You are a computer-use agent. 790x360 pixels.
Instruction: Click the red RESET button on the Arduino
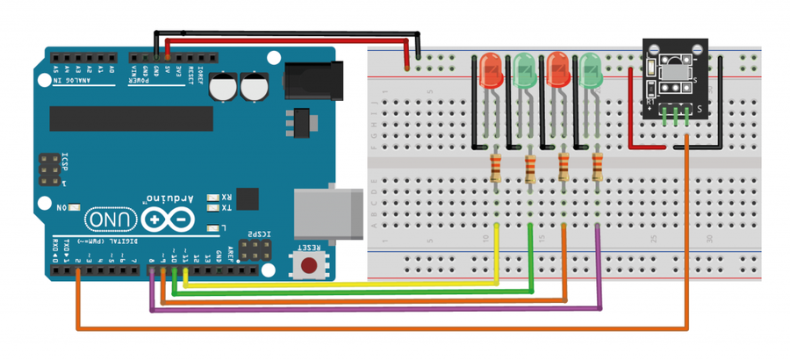[309, 265]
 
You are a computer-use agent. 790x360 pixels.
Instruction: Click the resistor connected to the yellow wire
[497, 167]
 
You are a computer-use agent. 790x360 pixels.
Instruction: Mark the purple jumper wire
[377, 309]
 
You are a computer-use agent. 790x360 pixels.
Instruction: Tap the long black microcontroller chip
[131, 118]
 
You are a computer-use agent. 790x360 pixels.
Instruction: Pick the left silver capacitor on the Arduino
[226, 86]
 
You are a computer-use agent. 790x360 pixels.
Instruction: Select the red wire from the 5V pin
[290, 41]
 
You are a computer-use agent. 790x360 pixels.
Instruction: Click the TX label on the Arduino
[226, 208]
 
